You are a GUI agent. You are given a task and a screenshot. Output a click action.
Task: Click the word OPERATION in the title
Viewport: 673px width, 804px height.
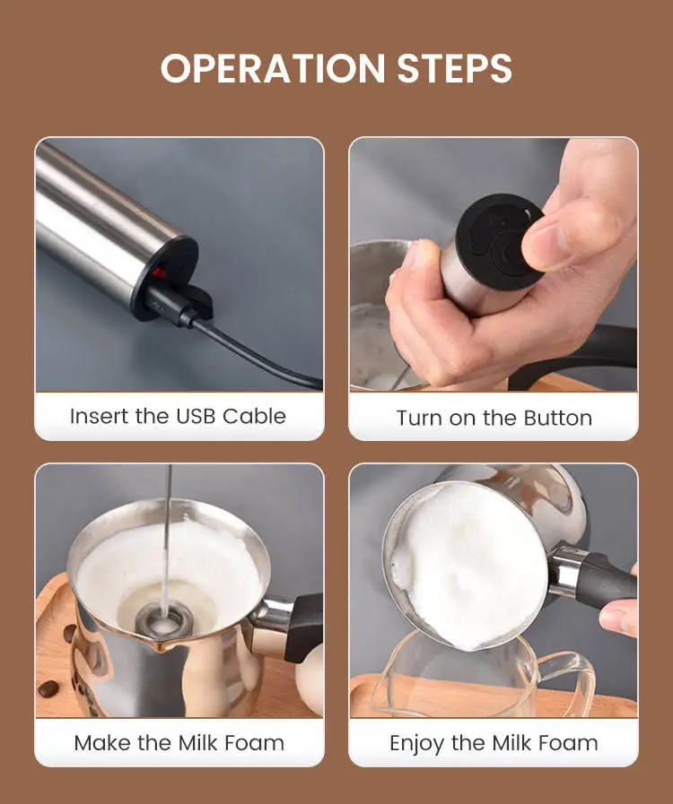pos(273,68)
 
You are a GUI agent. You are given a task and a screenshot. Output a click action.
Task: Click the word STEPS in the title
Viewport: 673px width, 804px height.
pos(455,68)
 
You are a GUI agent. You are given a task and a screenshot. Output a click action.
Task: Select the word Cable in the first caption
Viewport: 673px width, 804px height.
pos(254,417)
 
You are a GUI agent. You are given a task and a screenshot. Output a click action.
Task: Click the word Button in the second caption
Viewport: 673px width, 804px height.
pos(557,418)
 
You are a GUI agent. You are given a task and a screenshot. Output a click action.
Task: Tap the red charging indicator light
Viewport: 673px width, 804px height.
pos(160,272)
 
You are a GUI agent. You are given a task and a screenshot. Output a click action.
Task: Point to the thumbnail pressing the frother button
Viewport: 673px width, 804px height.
pos(547,239)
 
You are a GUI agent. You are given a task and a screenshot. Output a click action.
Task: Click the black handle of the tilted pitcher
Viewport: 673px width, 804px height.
pos(607,583)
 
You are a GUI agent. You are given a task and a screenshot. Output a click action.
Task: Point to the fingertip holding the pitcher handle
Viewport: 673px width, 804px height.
pos(618,617)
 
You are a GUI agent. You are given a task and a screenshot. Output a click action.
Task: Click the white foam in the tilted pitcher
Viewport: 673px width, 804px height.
pos(468,565)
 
